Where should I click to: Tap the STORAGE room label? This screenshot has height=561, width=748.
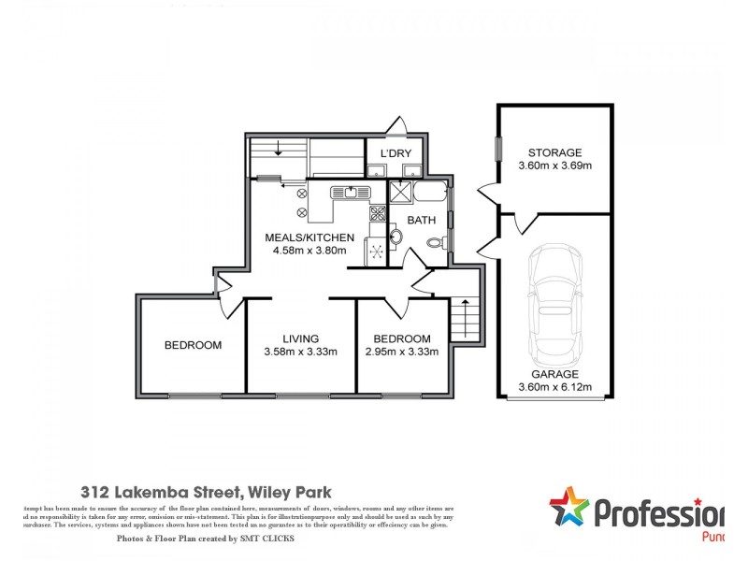click(554, 152)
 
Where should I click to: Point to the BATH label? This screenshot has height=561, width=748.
click(422, 221)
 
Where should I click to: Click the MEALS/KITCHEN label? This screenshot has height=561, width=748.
click(309, 237)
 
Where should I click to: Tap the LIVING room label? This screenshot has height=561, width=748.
click(301, 338)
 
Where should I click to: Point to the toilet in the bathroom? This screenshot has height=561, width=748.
click(436, 244)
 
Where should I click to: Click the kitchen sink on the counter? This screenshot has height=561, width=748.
click(350, 193)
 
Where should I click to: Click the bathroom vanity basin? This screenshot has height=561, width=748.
click(395, 237)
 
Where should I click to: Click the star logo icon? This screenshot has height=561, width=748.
click(568, 509)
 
